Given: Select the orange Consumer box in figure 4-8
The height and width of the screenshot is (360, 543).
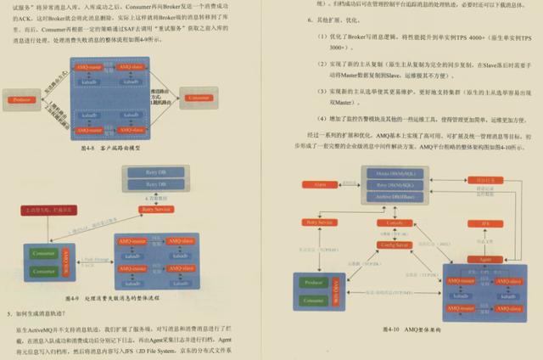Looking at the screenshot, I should click(x=198, y=99).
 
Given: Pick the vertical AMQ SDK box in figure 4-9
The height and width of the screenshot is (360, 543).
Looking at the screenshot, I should click(x=66, y=264).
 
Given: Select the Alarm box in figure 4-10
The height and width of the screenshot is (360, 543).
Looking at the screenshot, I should click(x=321, y=184).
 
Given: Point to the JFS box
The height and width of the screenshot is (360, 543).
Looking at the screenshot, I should click(x=486, y=224).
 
